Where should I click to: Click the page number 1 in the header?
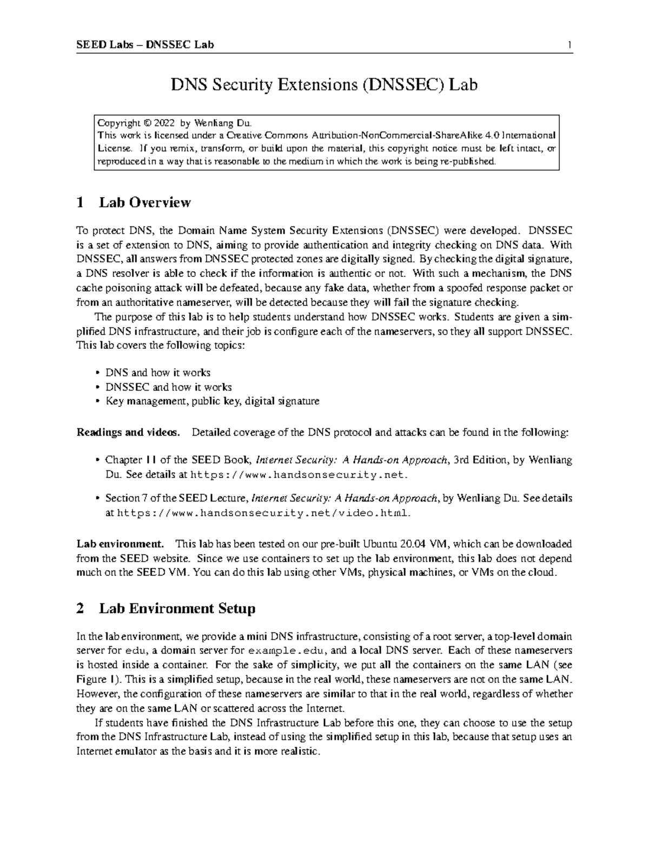coord(569,45)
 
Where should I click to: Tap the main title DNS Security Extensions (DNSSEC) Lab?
coord(324,85)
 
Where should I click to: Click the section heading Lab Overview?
coord(144,203)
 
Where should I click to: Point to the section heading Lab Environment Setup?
coord(177,609)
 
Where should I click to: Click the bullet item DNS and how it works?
coord(157,373)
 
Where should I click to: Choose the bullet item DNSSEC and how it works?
coord(168,387)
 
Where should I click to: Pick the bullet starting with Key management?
coord(212,401)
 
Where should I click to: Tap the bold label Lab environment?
coord(120,544)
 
